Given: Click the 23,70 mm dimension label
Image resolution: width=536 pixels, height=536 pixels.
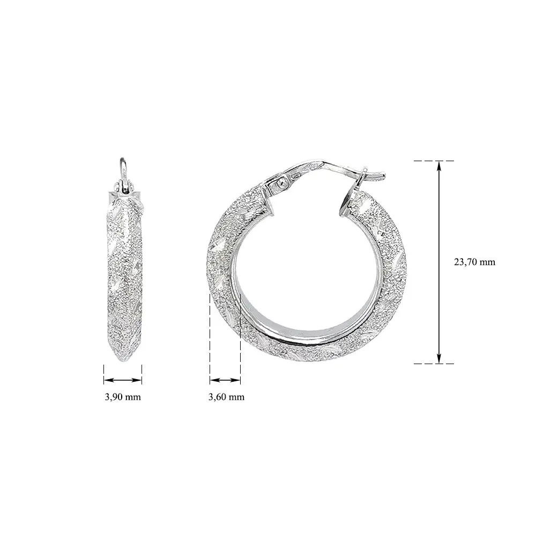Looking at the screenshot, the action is coord(474,262).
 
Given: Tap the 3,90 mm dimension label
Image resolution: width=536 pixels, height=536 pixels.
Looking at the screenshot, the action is coord(123,397).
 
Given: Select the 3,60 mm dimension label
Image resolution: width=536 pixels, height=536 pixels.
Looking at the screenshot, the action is coord(226,397).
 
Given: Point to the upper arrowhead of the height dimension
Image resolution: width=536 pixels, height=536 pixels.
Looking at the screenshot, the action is coord(439,165).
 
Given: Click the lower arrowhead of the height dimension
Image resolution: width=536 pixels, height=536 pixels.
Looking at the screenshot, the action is coord(439,359).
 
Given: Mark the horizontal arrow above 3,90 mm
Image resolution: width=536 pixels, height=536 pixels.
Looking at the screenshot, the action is coord(123,380).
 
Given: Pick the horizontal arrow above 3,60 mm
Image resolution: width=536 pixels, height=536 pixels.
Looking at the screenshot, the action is coord(225,380).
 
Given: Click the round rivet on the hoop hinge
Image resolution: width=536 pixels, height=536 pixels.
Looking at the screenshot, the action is coord(282,183).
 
